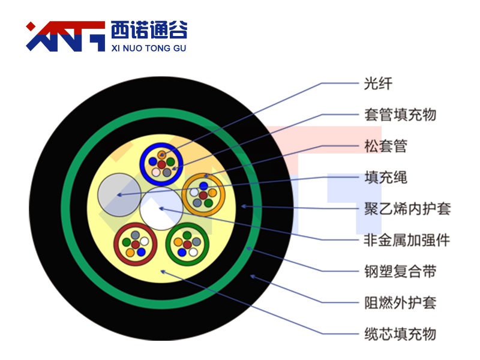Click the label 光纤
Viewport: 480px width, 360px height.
tap(378, 83)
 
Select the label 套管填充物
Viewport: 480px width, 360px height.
tap(400, 115)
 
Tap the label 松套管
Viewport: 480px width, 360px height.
tap(386, 146)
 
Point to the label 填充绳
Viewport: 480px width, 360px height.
tap(386, 177)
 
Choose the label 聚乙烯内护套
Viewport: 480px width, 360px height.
tap(407, 209)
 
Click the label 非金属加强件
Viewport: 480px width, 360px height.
tap(407, 240)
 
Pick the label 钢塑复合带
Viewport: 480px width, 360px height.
tap(400, 271)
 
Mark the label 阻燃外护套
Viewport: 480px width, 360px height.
tap(400, 303)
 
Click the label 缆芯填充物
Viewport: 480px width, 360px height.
tap(400, 334)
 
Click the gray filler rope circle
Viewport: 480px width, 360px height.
tap(119, 195)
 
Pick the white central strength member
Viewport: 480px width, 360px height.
tap(161, 209)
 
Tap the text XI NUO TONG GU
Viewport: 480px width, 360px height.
tap(149, 48)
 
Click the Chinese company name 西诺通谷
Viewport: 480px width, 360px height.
tap(149, 29)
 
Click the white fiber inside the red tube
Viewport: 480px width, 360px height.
tap(145, 241)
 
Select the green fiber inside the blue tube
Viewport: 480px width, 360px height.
tap(170, 162)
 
